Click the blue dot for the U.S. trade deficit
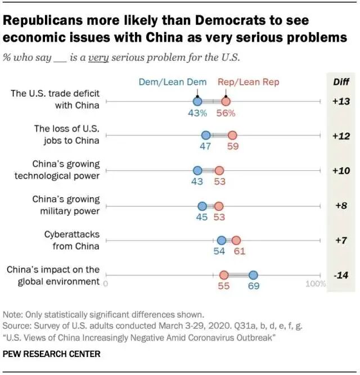[197, 101]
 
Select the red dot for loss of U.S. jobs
[232, 135]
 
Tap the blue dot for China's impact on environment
[253, 275]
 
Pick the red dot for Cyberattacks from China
[236, 240]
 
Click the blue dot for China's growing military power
[202, 206]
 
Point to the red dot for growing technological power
[219, 170]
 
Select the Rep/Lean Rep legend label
[248, 82]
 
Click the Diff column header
[341, 82]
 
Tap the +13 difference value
[341, 101]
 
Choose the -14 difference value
[341, 275]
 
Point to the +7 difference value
[341, 240]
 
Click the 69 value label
[253, 286]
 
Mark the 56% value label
[226, 113]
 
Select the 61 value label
[240, 251]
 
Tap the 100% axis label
[315, 283]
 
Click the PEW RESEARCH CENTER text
[52, 354]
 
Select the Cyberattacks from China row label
[72, 240]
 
